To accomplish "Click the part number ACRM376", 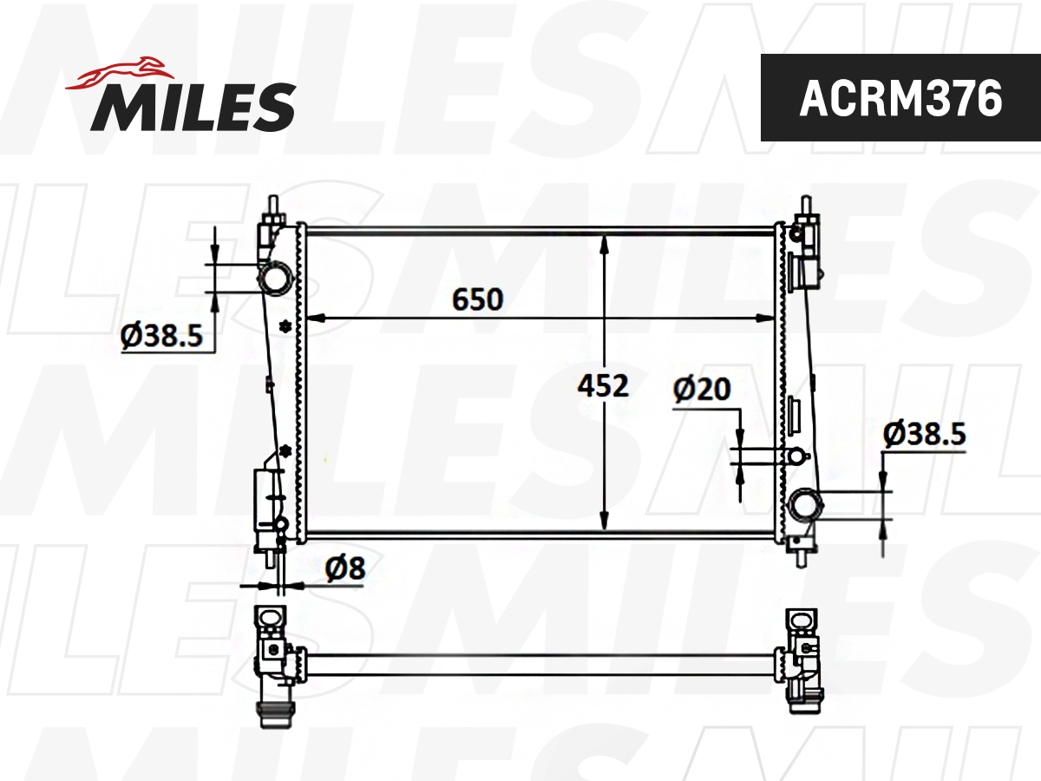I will tap(900, 99).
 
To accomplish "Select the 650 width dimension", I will tap(477, 299).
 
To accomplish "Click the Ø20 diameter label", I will tap(702, 390).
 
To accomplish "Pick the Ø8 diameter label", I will tap(345, 569).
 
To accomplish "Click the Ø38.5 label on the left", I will tap(167, 335).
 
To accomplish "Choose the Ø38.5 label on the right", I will tap(924, 433).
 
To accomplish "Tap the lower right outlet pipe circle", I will tap(804, 503).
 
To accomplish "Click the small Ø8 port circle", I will tap(282, 523).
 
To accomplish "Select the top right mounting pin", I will tap(806, 209).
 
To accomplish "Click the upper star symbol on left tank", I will tap(285, 326).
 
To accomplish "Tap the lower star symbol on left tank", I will tap(285, 450).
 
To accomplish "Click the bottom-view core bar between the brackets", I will tap(538, 666).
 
